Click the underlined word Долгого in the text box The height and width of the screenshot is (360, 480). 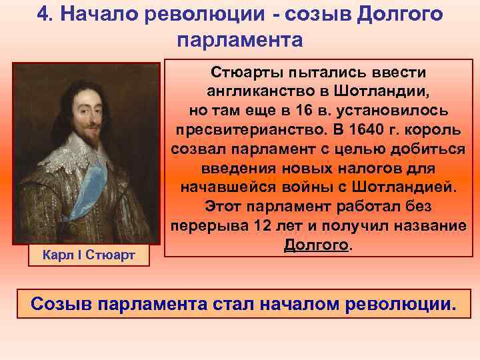pos(315,245)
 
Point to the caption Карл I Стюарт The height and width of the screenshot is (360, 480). pos(89,254)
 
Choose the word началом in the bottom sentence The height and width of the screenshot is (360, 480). pos(307,305)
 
